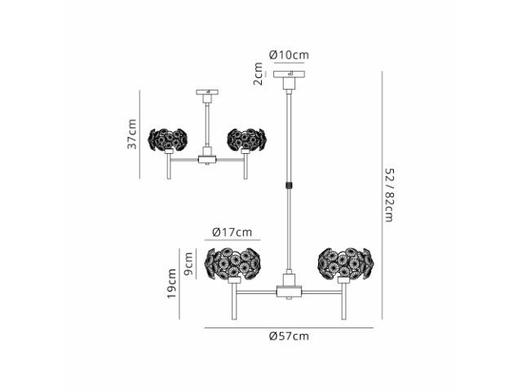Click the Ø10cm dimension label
point(289,55)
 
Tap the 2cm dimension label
point(259,74)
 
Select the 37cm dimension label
point(132,134)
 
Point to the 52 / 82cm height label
point(389,195)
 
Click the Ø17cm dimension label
point(232,231)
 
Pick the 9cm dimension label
point(188,264)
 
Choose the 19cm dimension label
point(171,283)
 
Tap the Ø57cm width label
point(289,336)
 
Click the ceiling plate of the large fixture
point(289,74)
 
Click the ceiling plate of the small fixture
point(207,92)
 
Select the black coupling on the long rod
point(289,185)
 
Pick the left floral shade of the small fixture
point(167,139)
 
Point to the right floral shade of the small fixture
point(246,139)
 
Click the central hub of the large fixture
point(289,291)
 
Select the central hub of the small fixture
point(207,160)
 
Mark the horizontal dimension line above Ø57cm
point(289,328)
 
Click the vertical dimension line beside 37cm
point(139,134)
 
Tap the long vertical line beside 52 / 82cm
point(382,195)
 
